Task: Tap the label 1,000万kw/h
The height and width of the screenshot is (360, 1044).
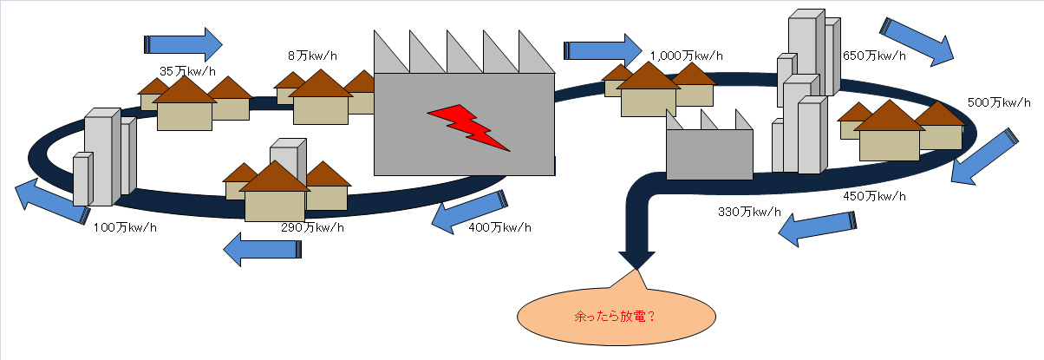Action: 686,56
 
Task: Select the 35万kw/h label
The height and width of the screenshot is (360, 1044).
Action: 187,69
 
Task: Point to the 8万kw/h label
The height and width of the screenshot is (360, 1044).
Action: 312,56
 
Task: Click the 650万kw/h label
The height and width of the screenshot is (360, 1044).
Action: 874,56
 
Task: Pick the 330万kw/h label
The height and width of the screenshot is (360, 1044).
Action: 749,212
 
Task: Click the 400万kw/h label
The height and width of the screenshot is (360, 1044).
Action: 499,227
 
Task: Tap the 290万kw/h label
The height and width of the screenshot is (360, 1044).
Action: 312,227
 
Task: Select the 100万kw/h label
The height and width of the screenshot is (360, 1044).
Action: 125,227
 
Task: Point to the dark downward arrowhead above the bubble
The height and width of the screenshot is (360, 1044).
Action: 636,259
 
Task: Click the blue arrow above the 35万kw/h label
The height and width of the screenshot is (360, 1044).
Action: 183,43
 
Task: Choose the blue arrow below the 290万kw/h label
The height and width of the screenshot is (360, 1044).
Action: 263,249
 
